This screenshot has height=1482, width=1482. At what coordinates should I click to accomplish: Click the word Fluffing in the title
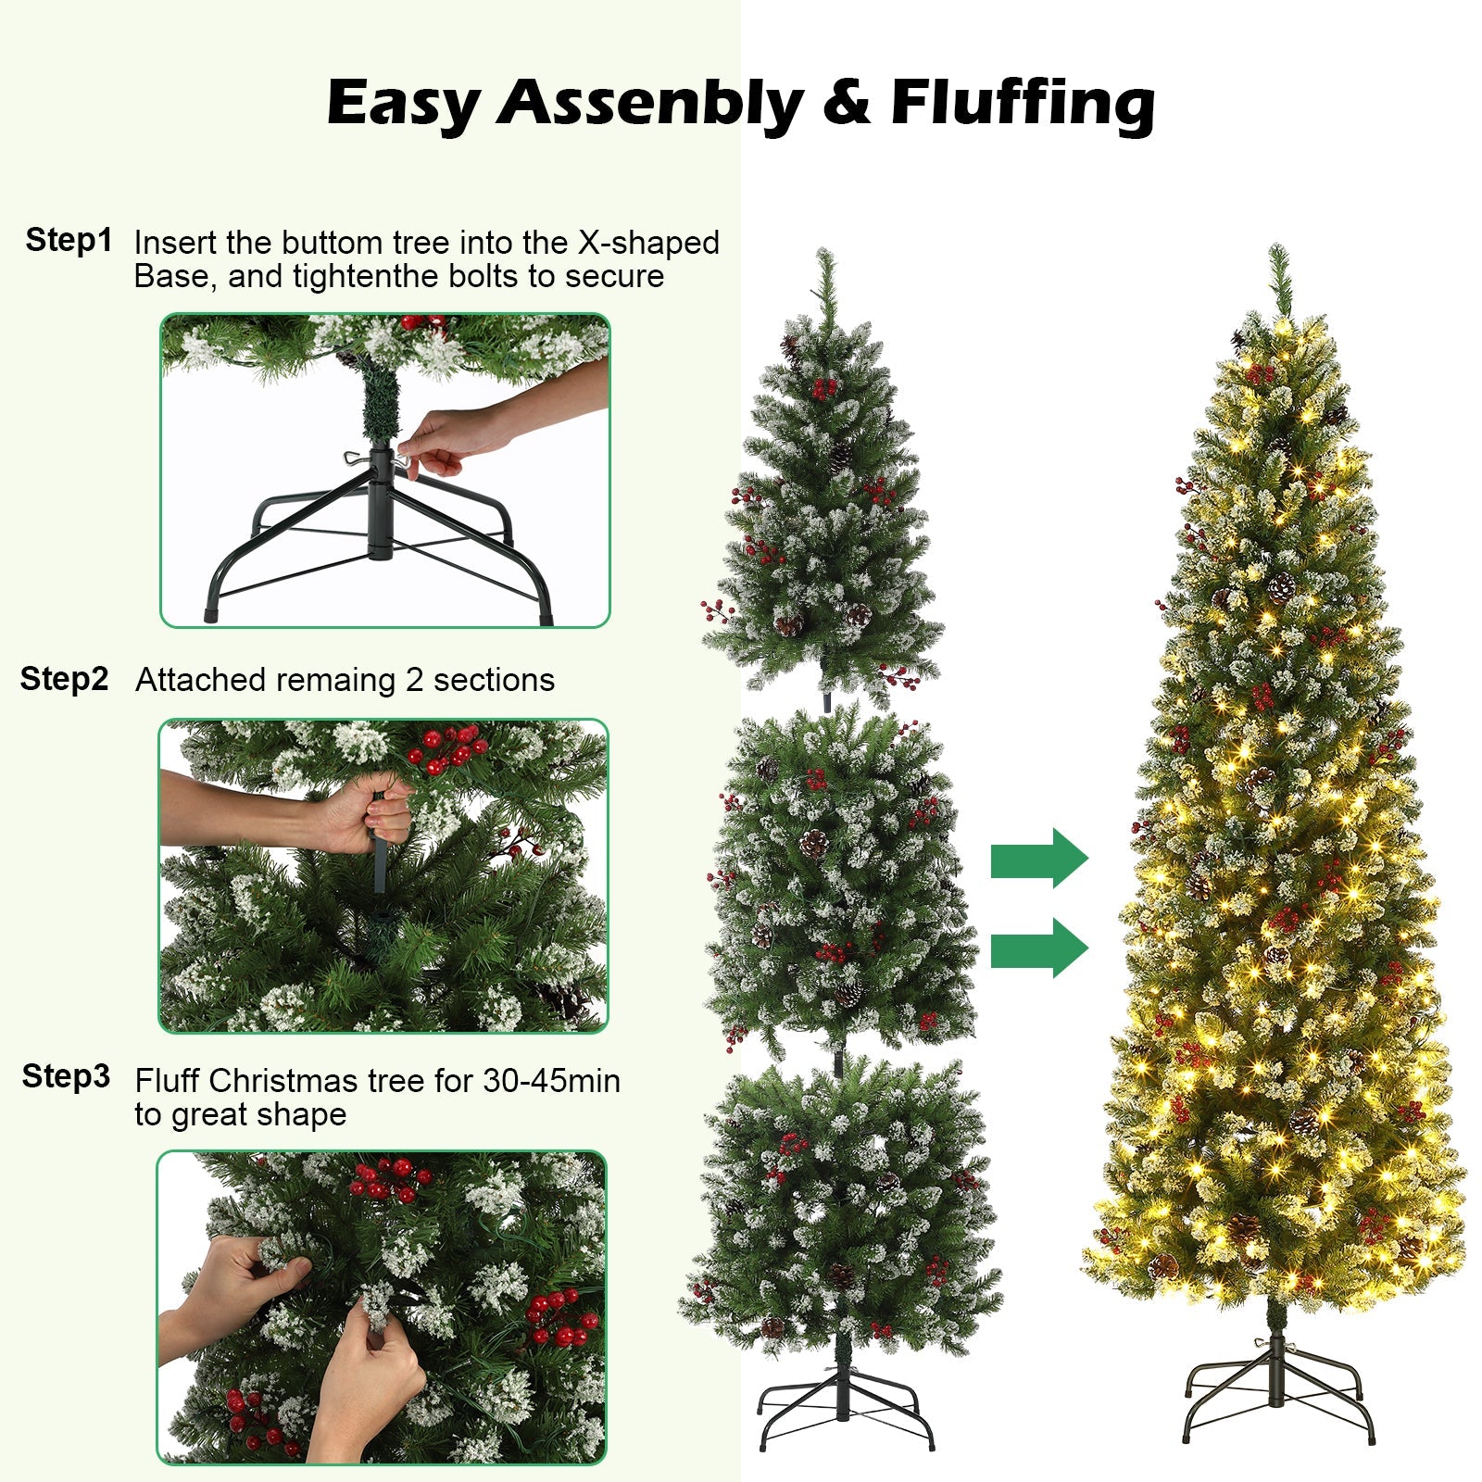point(1023,102)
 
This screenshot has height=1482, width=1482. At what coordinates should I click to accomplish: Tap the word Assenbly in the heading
point(650,102)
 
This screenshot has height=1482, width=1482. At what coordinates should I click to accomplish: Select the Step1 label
point(69,240)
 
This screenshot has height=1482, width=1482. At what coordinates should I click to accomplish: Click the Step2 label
point(65,679)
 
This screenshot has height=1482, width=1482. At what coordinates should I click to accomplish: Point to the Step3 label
point(66,1076)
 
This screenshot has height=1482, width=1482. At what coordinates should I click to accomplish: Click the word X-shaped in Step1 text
point(648,243)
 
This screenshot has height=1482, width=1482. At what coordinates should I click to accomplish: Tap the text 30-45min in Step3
point(551,1081)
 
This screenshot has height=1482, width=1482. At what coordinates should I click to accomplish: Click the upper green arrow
point(1038,859)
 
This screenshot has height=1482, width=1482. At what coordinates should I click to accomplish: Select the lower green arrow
point(1038,948)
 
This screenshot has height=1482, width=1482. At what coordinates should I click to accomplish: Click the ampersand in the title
point(846,102)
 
